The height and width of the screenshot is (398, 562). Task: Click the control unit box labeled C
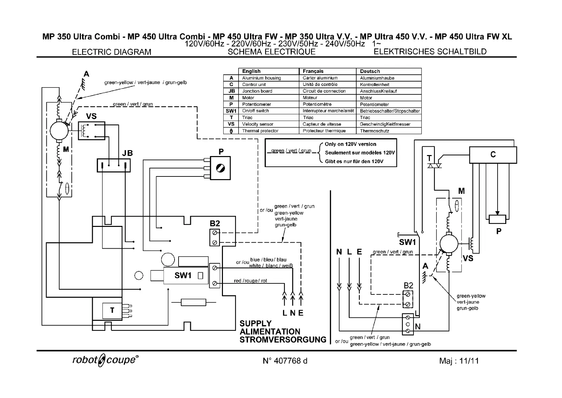(x=493, y=155)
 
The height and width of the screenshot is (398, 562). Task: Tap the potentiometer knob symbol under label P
(x=220, y=168)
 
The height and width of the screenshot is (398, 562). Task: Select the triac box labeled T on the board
(x=112, y=310)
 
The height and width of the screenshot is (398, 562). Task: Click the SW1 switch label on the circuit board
(x=183, y=275)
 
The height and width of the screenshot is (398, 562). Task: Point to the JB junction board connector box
(x=114, y=165)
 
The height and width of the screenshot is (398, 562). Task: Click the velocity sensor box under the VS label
(x=91, y=131)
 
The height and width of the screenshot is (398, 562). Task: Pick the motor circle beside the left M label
(x=59, y=131)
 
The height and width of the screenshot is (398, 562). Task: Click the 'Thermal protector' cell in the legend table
(x=260, y=131)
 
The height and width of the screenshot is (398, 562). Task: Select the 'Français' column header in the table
(x=313, y=71)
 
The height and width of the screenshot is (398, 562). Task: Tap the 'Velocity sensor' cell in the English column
(x=257, y=124)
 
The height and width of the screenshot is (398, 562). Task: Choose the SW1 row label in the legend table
(x=231, y=111)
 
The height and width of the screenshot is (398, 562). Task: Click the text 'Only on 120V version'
(x=350, y=144)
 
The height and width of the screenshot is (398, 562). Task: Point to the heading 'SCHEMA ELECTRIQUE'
(x=271, y=52)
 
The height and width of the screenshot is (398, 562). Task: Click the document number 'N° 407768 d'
(x=285, y=361)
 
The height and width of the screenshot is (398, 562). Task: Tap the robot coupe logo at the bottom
(x=105, y=360)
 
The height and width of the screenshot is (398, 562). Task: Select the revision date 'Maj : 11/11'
(x=459, y=361)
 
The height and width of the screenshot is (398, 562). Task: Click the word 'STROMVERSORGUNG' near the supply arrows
(x=283, y=340)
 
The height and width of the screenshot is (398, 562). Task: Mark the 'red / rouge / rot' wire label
(x=250, y=281)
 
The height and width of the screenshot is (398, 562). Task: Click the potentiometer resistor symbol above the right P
(x=497, y=219)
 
